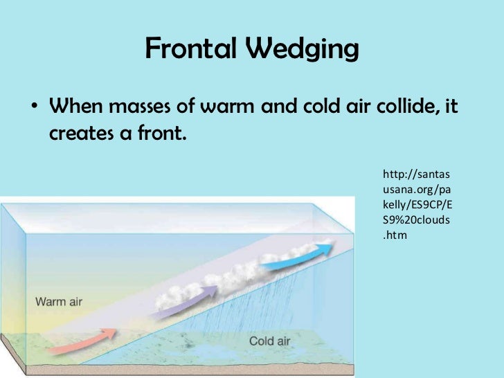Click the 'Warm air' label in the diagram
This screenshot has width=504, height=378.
point(59,301)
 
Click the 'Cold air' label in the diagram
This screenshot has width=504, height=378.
point(271,341)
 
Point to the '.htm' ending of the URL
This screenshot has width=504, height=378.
point(395,235)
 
